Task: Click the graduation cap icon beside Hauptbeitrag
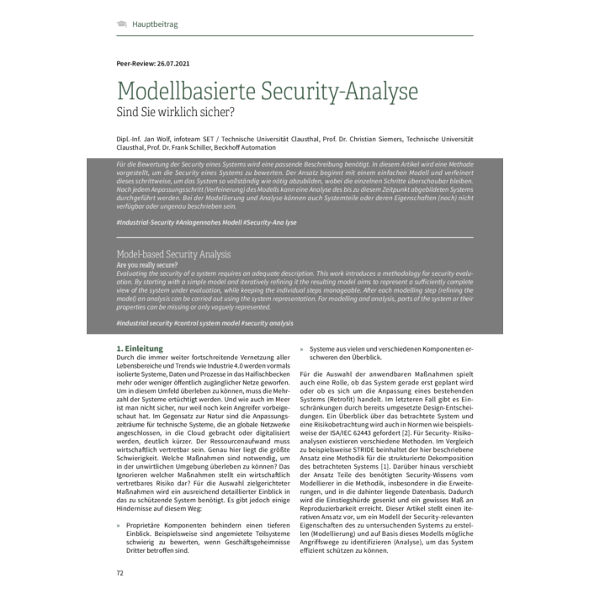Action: point(123,24)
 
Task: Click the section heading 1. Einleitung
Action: point(138,348)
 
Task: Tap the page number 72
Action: point(119,573)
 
